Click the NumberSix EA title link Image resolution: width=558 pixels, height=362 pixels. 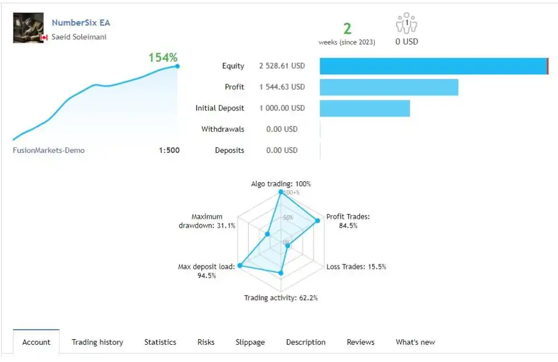click(81, 23)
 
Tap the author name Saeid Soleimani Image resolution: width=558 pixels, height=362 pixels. click(79, 37)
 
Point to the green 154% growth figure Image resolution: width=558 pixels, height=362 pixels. click(163, 57)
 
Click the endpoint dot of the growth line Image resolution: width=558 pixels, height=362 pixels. click(177, 66)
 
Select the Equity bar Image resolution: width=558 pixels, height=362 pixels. click(434, 66)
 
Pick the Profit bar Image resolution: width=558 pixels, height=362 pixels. click(389, 87)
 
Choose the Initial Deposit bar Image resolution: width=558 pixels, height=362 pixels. click(364, 108)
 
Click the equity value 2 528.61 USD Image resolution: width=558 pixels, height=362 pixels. click(282, 66)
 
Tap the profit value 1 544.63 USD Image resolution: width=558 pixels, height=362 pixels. click(282, 87)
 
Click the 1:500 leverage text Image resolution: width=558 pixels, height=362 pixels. click(169, 150)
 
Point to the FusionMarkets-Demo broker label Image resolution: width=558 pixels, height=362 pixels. click(49, 150)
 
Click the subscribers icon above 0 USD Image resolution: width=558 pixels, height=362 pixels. click(407, 23)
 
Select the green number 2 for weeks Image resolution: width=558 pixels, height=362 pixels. click(347, 29)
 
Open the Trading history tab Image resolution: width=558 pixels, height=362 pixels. click(97, 342)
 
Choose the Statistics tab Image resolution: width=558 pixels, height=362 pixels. click(160, 342)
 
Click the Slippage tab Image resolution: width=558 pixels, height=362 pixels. click(250, 342)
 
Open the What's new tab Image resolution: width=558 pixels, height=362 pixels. click(415, 342)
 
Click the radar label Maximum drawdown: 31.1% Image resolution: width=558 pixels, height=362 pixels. click(207, 221)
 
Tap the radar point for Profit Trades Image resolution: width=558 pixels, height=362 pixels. click(318, 220)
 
